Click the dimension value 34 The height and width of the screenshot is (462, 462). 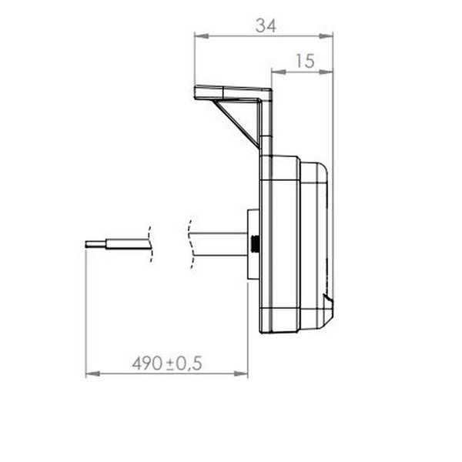(x=266, y=25)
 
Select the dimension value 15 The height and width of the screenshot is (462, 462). (x=304, y=62)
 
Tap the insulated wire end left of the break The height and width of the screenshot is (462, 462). (x=127, y=244)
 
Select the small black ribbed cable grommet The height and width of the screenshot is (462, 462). (x=254, y=245)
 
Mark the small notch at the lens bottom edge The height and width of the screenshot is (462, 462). (x=328, y=299)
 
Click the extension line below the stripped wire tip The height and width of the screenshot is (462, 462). (x=85, y=308)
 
